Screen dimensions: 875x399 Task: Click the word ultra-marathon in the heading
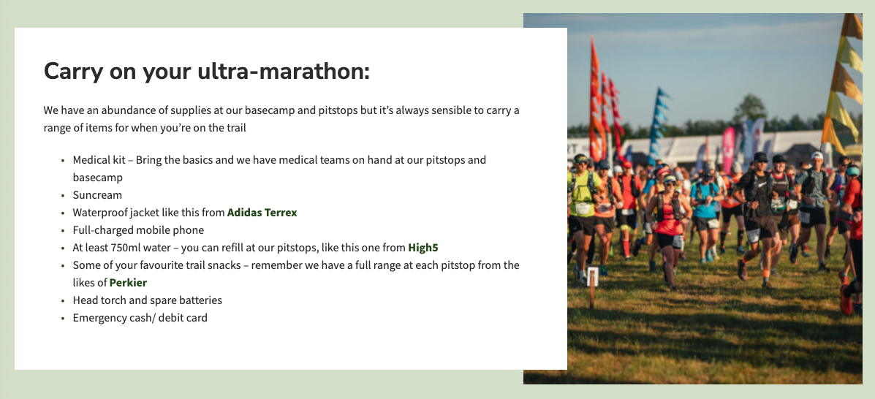pyautogui.click(x=284, y=72)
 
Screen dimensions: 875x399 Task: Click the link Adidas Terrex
pyautogui.click(x=262, y=213)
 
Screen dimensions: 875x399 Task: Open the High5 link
pyautogui.click(x=423, y=248)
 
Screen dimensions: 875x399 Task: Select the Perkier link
pyautogui.click(x=129, y=283)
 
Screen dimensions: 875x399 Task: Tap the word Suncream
pyautogui.click(x=97, y=195)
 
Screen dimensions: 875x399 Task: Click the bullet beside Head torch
pyautogui.click(x=63, y=301)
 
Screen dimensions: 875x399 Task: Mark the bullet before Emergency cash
pyautogui.click(x=63, y=319)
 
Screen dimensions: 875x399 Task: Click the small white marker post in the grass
pyautogui.click(x=592, y=277)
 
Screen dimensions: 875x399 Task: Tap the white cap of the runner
pyautogui.click(x=817, y=155)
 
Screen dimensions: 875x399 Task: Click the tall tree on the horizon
pyautogui.click(x=749, y=110)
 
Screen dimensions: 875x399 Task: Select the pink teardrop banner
pyautogui.click(x=728, y=149)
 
